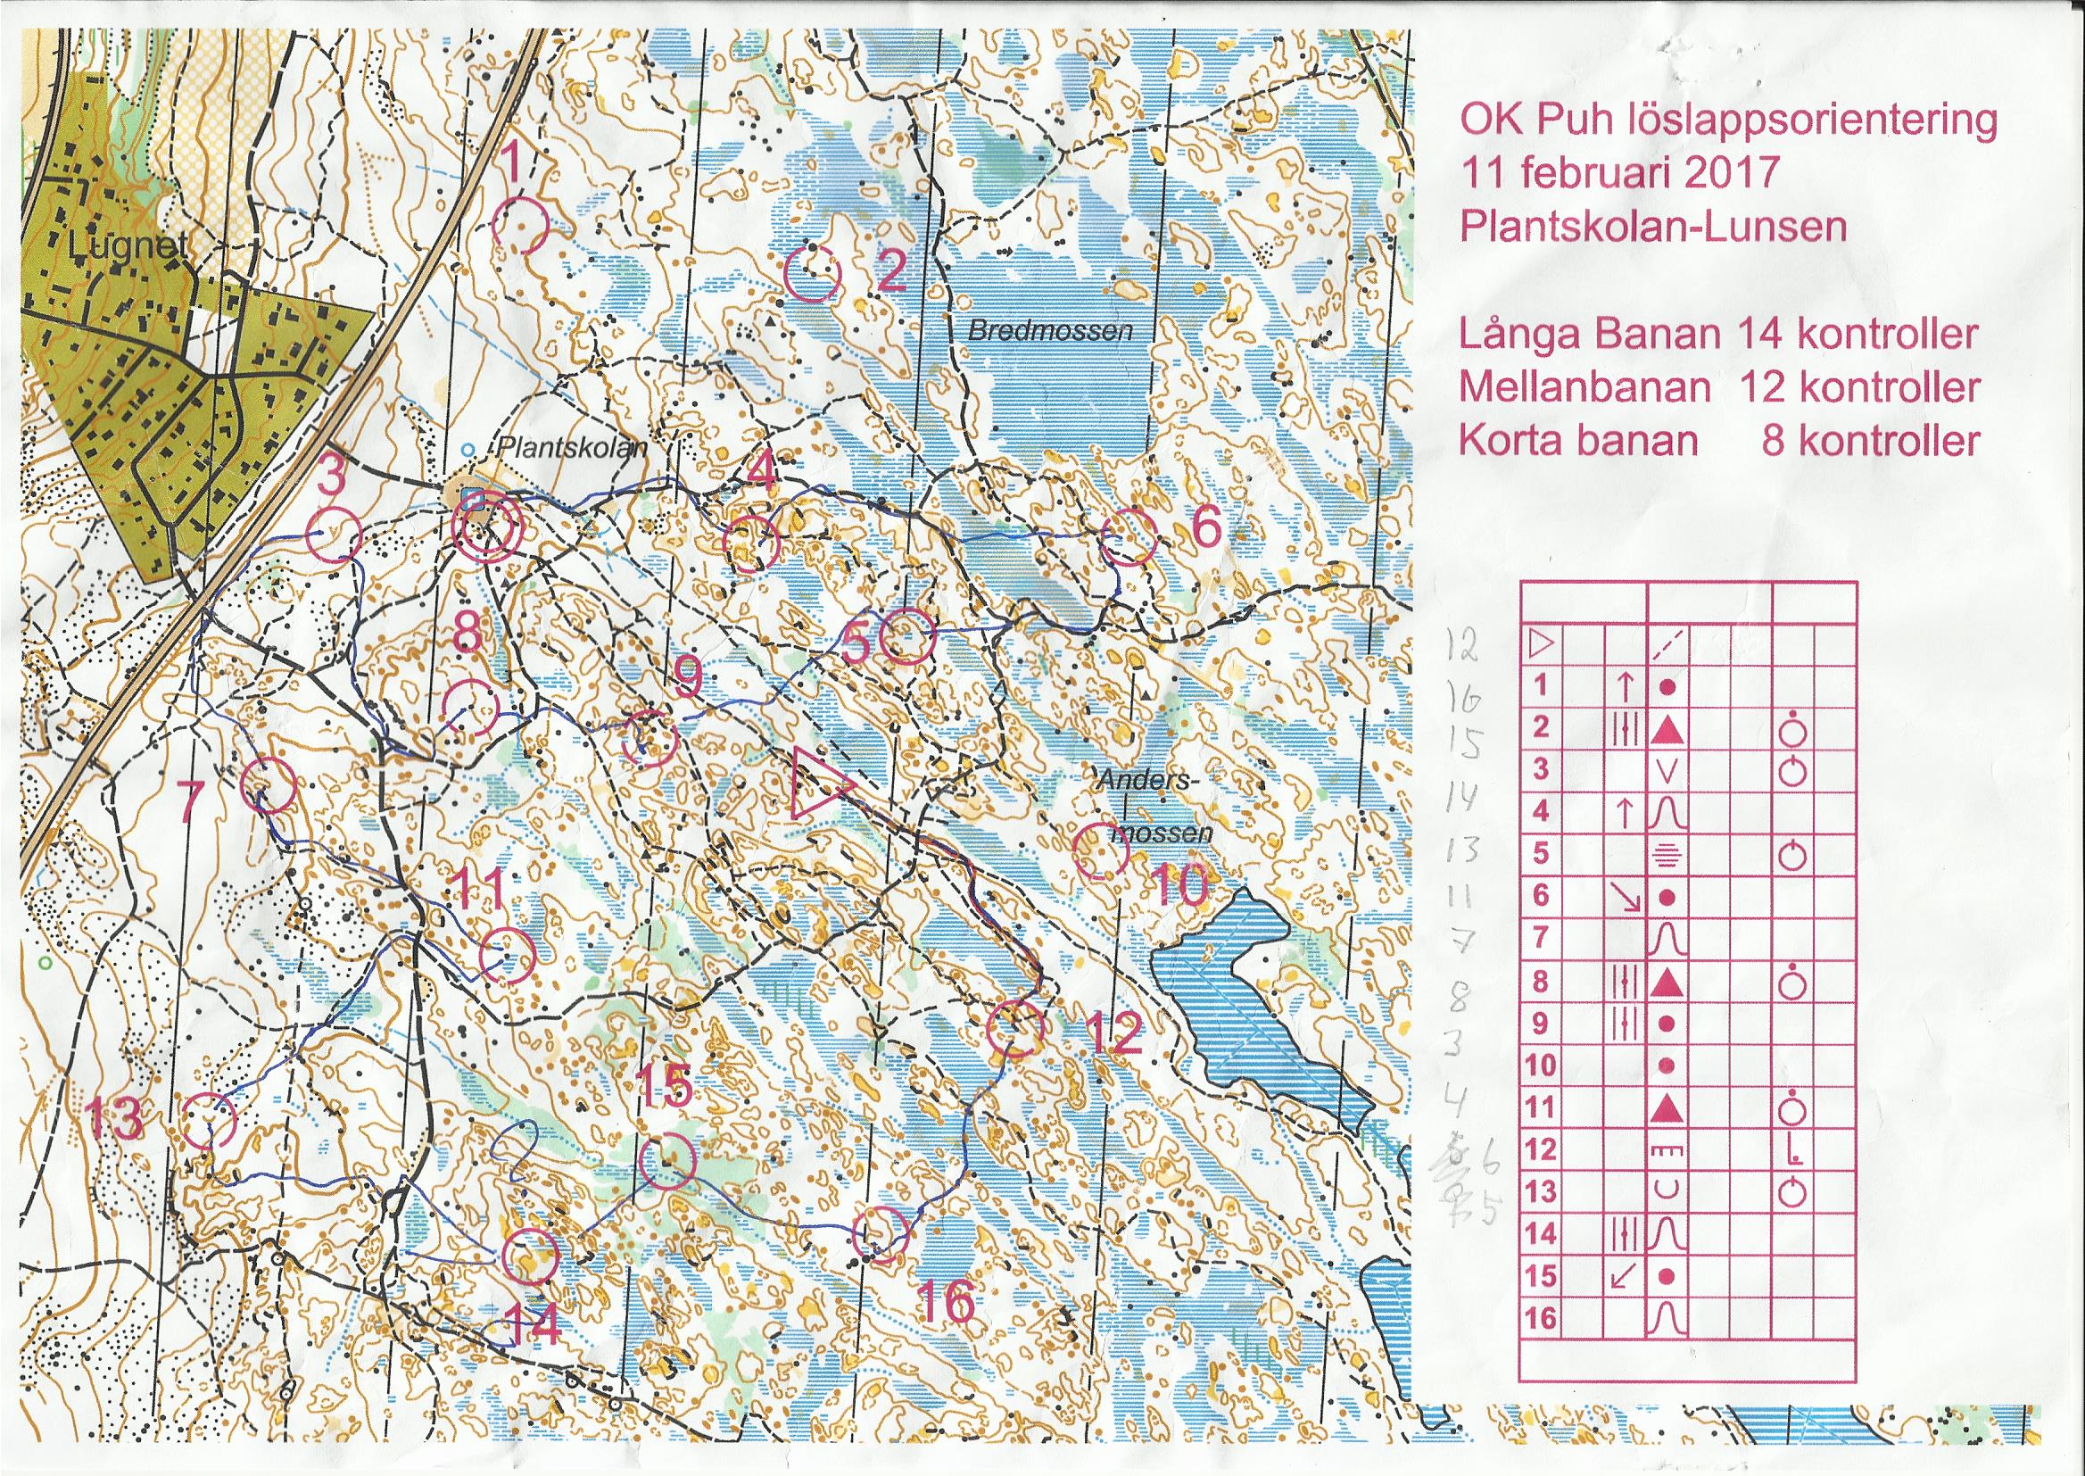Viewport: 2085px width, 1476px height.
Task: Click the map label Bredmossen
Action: point(1050,332)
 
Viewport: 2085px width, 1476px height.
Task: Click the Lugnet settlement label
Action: point(133,245)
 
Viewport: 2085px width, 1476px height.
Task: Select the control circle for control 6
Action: point(1129,536)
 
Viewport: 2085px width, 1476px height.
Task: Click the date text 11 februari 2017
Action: point(1617,171)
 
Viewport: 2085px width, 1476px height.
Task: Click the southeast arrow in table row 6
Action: point(1625,898)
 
